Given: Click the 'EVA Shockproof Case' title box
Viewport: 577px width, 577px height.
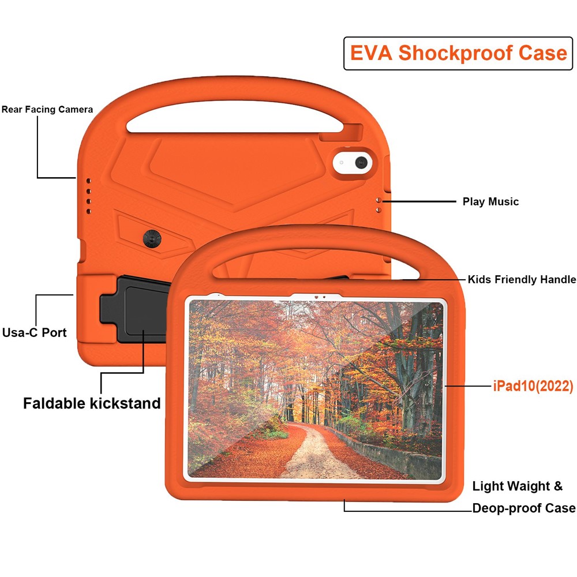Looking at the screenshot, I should click(458, 53).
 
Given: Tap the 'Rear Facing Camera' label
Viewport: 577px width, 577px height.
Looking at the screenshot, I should click(47, 109).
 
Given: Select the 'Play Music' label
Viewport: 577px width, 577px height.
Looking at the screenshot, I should click(490, 201).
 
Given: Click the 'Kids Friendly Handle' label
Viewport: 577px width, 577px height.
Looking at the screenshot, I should click(522, 279).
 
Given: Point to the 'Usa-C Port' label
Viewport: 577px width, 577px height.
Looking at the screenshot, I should click(35, 332).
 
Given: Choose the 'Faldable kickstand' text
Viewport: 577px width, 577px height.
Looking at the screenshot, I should click(92, 403).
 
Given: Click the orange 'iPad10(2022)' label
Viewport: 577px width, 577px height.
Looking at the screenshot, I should click(533, 386).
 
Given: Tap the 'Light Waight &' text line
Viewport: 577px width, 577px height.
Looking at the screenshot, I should click(518, 486).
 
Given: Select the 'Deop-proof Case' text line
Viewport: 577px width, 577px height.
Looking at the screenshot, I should click(524, 508).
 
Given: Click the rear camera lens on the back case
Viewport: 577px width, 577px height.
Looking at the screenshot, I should click(362, 163).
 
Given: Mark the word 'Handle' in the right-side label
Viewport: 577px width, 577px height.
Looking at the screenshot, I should click(557, 279).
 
